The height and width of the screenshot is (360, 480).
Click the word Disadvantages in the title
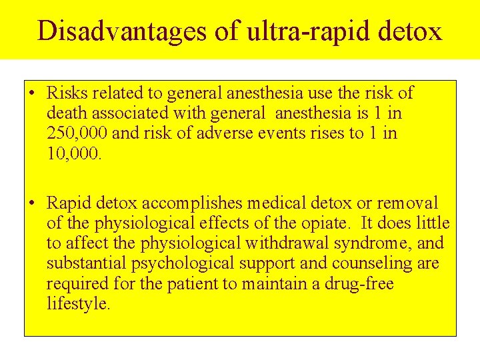[122, 31]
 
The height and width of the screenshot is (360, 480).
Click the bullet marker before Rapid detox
[32, 203]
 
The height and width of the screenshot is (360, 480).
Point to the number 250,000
[77, 133]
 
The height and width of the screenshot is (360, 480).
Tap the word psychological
[186, 264]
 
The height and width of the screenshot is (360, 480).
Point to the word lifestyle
[78, 305]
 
